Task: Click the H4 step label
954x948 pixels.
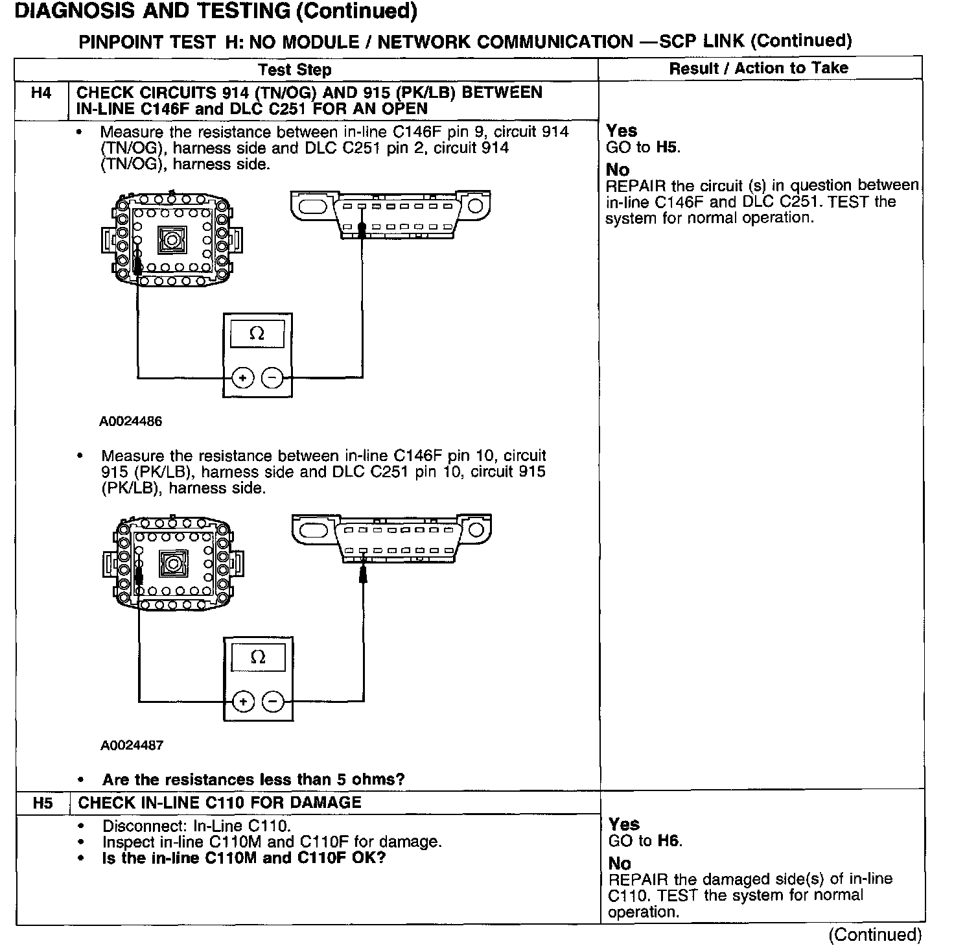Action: (x=41, y=93)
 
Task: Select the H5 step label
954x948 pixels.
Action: (x=42, y=803)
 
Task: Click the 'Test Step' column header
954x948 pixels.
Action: (x=294, y=70)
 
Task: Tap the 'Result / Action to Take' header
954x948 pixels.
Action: (x=758, y=68)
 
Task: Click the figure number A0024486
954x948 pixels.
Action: (x=130, y=421)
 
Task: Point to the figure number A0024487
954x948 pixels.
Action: (x=132, y=746)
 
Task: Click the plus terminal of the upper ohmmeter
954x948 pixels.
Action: (x=242, y=378)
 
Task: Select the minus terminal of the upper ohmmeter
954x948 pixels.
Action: (x=272, y=378)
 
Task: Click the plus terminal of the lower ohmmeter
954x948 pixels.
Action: (x=243, y=702)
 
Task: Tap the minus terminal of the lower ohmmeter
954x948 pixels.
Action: (x=273, y=702)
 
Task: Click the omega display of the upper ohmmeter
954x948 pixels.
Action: (x=257, y=335)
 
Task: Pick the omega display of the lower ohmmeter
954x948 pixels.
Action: (x=258, y=658)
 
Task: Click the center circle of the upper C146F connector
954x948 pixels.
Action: (x=172, y=241)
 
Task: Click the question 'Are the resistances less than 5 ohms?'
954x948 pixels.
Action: (x=253, y=779)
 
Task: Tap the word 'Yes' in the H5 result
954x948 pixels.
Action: (x=624, y=824)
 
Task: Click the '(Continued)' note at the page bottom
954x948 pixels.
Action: (x=874, y=934)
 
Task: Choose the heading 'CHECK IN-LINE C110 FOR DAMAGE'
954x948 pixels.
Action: (x=220, y=803)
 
